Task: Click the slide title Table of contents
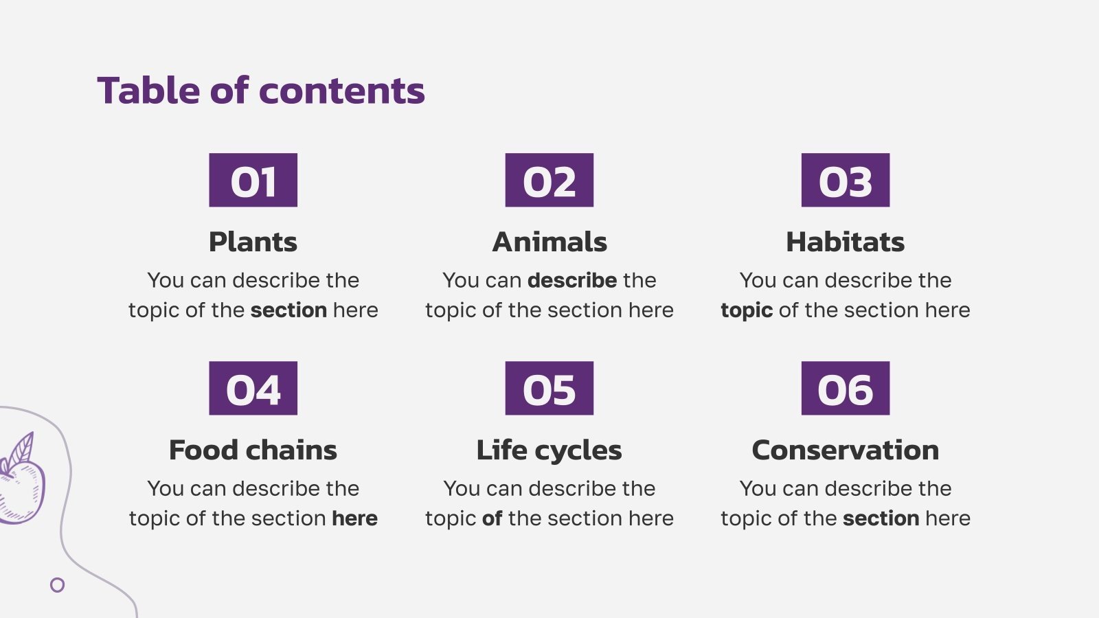click(x=261, y=91)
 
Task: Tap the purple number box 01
click(x=253, y=180)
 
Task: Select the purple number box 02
click(x=549, y=180)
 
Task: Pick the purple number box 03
click(x=846, y=180)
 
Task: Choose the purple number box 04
click(x=253, y=389)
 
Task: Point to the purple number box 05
click(x=549, y=389)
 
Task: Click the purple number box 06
click(x=846, y=389)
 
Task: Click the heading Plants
click(x=253, y=242)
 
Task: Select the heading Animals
click(x=549, y=242)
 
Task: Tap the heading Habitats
click(x=846, y=242)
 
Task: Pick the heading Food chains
click(x=253, y=450)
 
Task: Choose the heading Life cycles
click(x=549, y=450)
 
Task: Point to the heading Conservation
click(x=846, y=450)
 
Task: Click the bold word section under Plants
click(x=289, y=310)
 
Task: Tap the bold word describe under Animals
click(x=572, y=280)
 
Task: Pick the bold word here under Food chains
click(x=354, y=518)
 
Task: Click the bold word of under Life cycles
click(x=492, y=518)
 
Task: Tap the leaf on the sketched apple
click(x=21, y=450)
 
